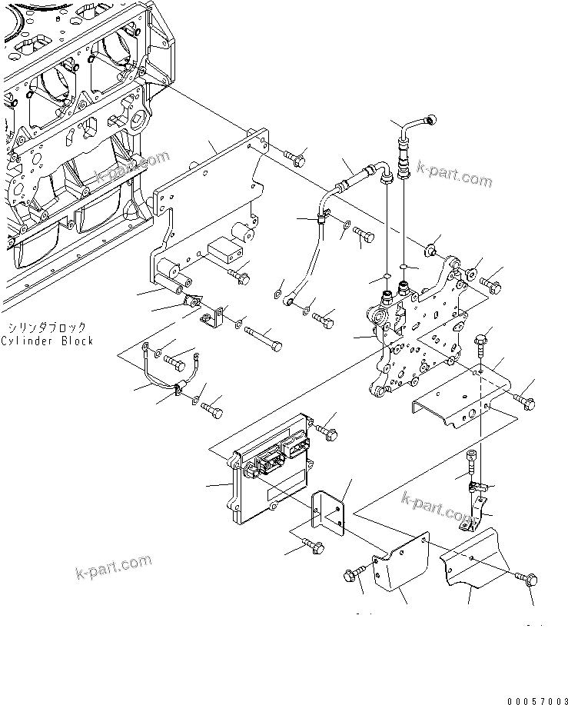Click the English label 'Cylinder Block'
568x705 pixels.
[x=47, y=341]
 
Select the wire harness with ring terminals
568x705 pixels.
[x=173, y=377]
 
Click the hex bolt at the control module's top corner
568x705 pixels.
[x=327, y=431]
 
